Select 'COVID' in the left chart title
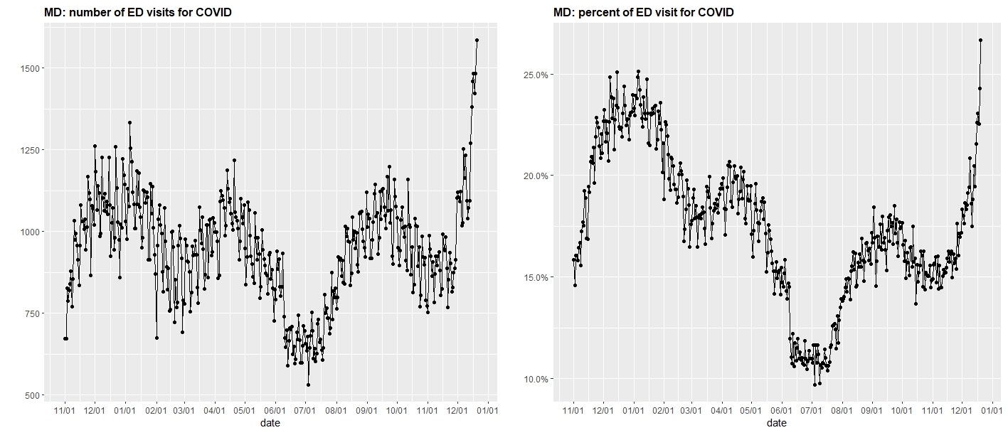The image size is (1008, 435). [211, 12]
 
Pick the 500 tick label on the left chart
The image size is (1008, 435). [31, 395]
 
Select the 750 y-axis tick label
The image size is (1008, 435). [31, 313]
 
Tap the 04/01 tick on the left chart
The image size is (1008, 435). [214, 410]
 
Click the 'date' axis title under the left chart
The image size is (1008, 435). [270, 423]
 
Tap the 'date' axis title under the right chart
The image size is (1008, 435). [777, 423]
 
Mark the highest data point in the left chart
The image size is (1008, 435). [477, 41]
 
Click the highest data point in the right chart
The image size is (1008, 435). [980, 41]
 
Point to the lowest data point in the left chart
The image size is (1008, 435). [308, 385]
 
